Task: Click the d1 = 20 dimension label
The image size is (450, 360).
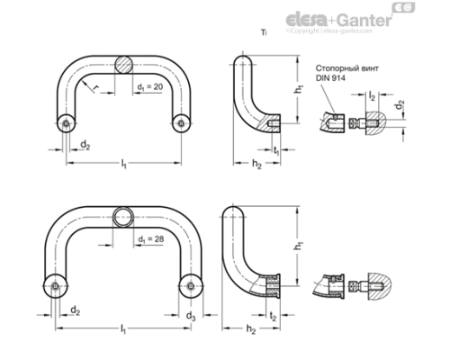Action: pos(150,86)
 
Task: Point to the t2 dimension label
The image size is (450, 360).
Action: pos(273,317)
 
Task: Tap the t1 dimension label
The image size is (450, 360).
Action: pos(276,151)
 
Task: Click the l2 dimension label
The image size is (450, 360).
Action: pos(372,94)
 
